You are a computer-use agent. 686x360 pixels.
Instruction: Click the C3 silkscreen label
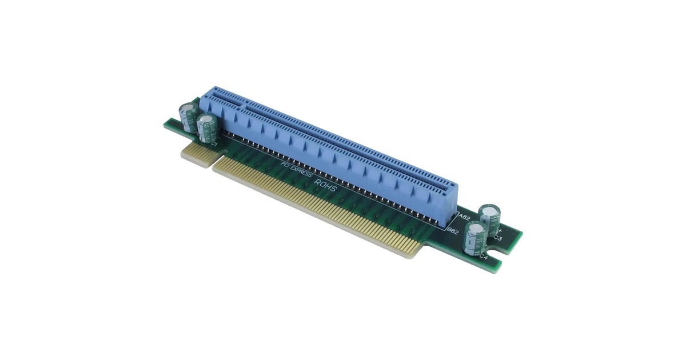498,237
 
